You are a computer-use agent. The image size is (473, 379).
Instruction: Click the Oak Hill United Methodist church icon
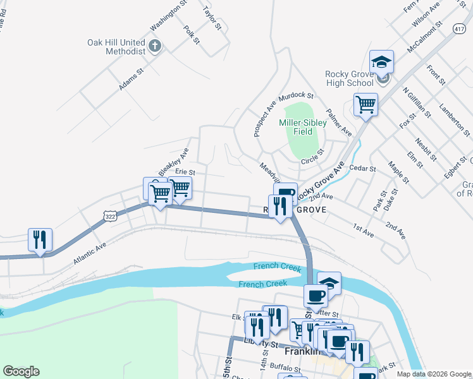pyautogui.click(x=156, y=46)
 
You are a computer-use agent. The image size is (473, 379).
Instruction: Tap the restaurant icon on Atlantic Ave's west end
pyautogui.click(x=40, y=240)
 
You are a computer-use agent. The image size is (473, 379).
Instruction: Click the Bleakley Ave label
pyautogui.click(x=174, y=162)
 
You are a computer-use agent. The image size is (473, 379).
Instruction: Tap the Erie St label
pyautogui.click(x=185, y=172)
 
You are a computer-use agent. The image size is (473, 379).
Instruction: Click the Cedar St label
pyautogui.click(x=362, y=169)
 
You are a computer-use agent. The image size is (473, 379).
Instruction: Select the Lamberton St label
pyautogui.click(x=455, y=120)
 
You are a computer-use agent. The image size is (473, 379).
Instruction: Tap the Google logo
pyautogui.click(x=21, y=371)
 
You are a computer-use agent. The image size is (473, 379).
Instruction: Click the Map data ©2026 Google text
pyautogui.click(x=434, y=374)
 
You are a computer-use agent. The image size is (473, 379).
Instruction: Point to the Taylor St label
pyautogui.click(x=212, y=18)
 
